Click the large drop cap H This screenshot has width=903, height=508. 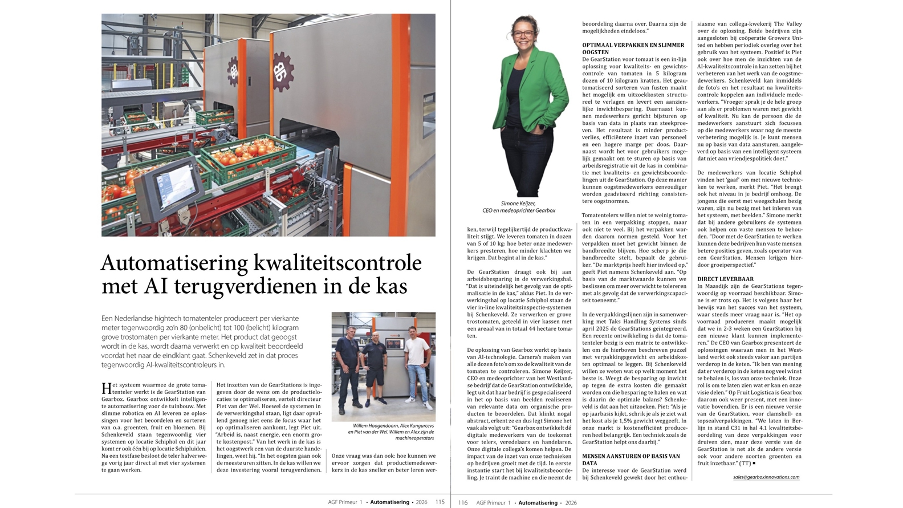(x=107, y=388)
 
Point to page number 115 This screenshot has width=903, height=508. (x=440, y=502)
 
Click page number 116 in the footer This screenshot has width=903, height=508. (x=462, y=502)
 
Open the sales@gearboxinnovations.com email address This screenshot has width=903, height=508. (x=766, y=477)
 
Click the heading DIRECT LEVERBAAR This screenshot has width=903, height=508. (x=725, y=279)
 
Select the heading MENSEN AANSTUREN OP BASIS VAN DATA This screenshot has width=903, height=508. (x=631, y=460)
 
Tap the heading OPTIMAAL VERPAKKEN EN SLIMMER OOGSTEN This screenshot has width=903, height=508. (x=633, y=48)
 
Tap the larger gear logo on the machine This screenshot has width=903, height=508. (x=283, y=71)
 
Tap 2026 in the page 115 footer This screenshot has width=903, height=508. (x=421, y=502)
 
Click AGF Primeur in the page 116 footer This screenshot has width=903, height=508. (x=493, y=502)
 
